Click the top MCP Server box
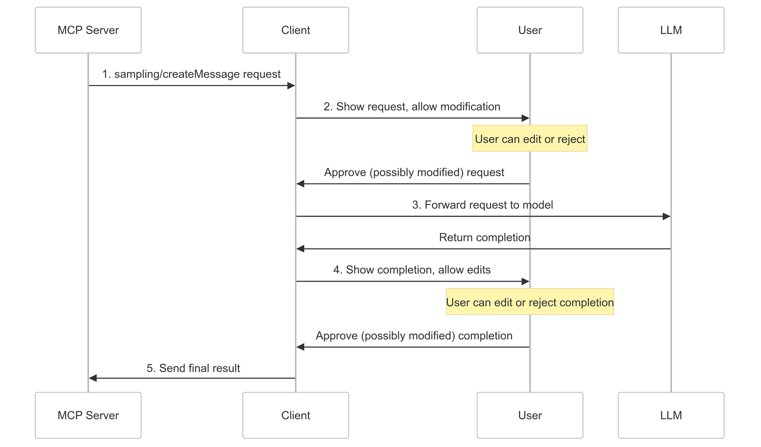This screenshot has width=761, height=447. click(88, 30)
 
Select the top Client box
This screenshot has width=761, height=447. click(295, 30)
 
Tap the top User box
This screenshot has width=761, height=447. click(530, 30)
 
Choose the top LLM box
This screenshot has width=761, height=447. click(671, 30)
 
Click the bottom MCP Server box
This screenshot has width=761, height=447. click(88, 415)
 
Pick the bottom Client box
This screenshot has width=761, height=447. click(295, 415)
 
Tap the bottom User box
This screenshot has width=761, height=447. click(530, 415)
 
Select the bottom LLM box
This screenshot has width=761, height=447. click(671, 415)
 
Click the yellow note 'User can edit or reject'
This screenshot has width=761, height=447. click(530, 139)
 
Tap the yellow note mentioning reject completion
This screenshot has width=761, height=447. click(530, 302)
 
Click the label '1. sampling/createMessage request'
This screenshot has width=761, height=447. click(191, 74)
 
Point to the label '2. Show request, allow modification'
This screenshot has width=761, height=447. click(412, 107)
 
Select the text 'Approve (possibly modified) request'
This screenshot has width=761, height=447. click(414, 172)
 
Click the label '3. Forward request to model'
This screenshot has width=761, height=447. click(482, 205)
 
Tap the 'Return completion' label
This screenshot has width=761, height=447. click(484, 237)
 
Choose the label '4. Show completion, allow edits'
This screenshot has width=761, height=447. click(412, 270)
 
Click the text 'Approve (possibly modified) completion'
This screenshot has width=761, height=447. click(414, 336)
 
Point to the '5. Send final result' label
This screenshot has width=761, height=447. click(193, 368)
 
